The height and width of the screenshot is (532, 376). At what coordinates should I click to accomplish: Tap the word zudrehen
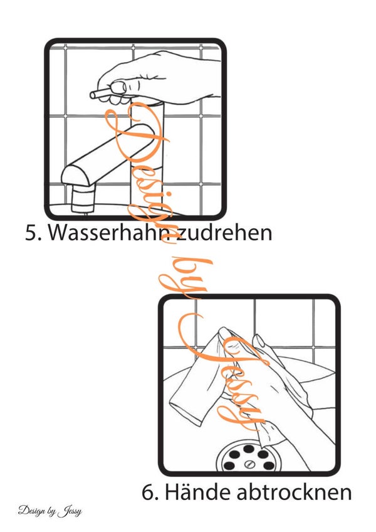[x=224, y=232]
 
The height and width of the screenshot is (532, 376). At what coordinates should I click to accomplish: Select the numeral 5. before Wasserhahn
[x=34, y=233]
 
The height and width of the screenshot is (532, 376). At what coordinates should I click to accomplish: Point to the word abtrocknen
[x=295, y=492]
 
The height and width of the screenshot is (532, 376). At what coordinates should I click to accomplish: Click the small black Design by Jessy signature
[x=50, y=511]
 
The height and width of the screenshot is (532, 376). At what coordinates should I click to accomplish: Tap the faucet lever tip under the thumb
[x=93, y=95]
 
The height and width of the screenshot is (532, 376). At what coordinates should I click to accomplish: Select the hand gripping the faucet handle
[x=159, y=78]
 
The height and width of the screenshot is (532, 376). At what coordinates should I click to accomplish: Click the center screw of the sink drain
[x=249, y=463]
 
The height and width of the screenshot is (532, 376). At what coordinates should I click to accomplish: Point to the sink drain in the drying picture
[x=249, y=456]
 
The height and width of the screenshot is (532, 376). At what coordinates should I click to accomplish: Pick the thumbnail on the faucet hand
[x=118, y=87]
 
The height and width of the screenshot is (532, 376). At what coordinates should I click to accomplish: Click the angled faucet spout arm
[x=108, y=154]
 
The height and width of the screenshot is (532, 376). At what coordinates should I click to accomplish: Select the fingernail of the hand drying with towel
[x=259, y=341]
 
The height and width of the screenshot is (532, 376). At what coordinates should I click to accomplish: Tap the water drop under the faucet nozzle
[x=85, y=214]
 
